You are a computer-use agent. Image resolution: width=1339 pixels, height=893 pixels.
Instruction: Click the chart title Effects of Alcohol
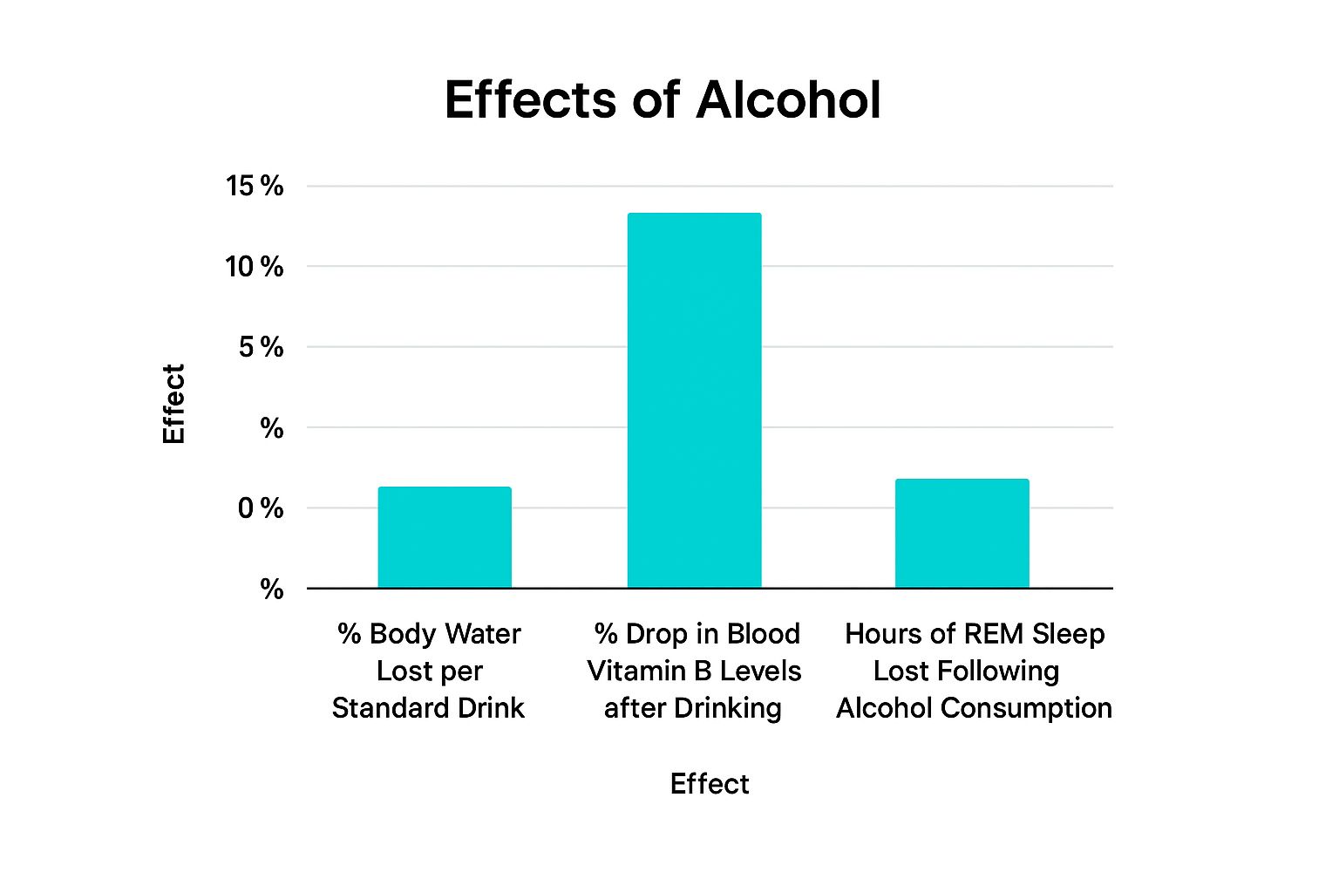(663, 99)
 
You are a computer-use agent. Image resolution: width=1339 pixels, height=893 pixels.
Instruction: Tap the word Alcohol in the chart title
(788, 99)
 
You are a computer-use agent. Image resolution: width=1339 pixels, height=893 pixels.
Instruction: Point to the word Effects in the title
(531, 99)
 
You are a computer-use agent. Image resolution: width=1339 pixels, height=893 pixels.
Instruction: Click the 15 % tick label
(255, 186)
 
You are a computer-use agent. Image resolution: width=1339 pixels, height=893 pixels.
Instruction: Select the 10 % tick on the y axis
(255, 266)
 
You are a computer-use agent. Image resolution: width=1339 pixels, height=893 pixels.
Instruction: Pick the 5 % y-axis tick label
(261, 347)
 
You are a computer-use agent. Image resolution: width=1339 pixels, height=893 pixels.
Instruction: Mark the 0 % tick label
(261, 508)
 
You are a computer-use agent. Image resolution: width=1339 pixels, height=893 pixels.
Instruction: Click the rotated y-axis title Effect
(174, 404)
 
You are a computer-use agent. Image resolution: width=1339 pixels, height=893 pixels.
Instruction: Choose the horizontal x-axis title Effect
(709, 784)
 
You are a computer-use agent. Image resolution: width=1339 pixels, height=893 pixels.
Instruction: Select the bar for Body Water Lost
(445, 537)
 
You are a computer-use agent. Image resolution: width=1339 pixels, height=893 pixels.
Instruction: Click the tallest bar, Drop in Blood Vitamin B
(694, 400)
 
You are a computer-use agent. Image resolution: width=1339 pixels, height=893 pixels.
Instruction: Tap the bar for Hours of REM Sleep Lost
(962, 533)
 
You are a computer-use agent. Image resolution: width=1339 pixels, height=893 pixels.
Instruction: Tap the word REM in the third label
(993, 634)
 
